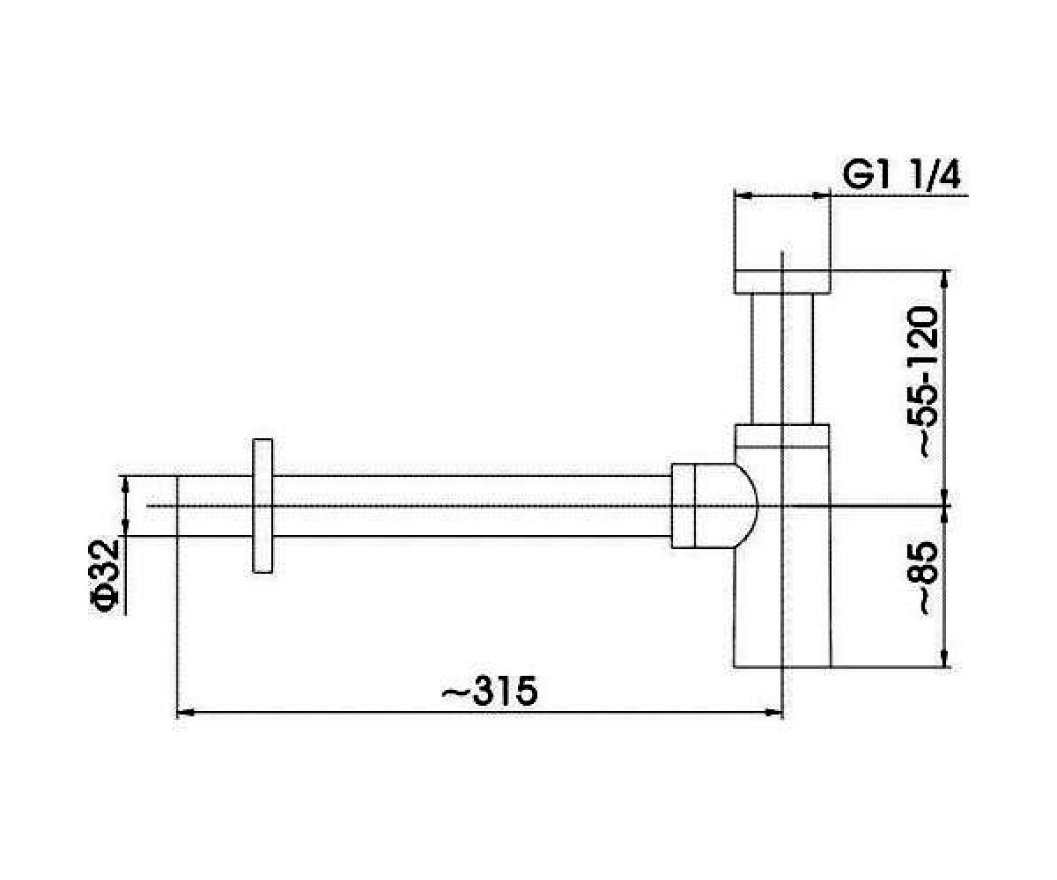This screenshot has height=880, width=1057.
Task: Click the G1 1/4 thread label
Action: point(900,176)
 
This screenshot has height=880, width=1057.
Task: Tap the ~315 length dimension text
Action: point(489,692)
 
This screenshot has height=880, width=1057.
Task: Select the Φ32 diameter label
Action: point(105,576)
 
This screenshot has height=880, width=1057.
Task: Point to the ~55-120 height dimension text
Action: point(923,383)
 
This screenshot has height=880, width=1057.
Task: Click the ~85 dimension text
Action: point(923,578)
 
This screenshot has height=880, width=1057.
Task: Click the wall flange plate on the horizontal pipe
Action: point(262,506)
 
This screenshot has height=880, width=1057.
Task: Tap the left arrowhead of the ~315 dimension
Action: point(186,713)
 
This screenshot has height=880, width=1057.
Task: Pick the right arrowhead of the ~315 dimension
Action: point(773,713)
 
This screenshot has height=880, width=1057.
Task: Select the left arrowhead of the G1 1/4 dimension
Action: point(743,195)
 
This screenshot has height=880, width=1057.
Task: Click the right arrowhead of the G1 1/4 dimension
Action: point(821,195)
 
